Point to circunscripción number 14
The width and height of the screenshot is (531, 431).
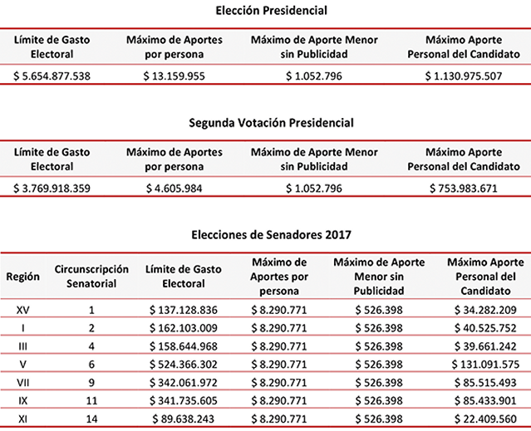click(92, 419)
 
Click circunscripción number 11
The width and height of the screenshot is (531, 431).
click(92, 402)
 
